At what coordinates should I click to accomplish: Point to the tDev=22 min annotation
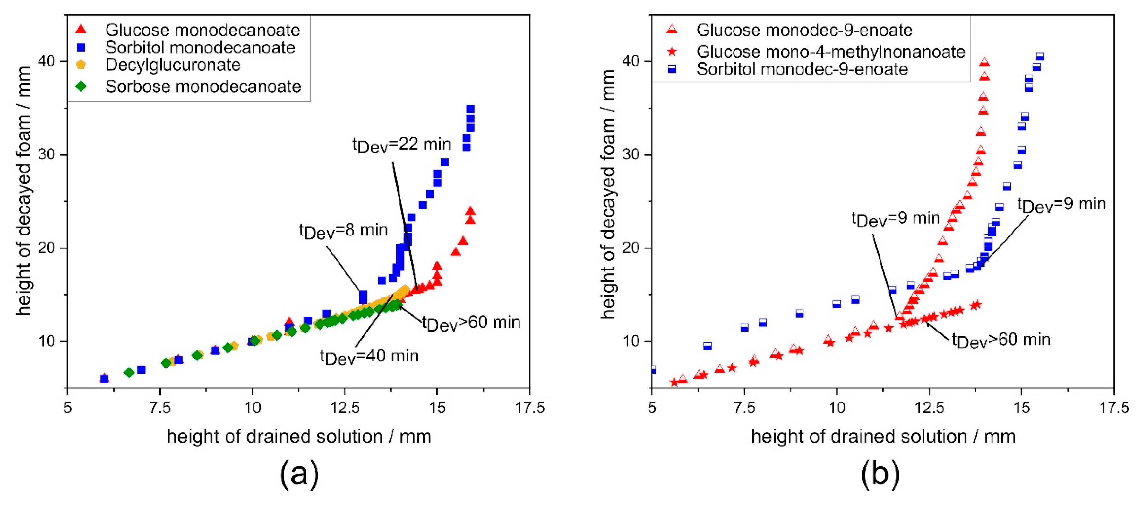(x=401, y=145)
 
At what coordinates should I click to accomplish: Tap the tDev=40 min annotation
(x=369, y=356)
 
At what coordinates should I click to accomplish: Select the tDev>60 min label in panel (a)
(x=471, y=323)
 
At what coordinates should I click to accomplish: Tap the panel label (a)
(x=299, y=474)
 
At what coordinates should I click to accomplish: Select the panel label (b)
(x=880, y=474)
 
